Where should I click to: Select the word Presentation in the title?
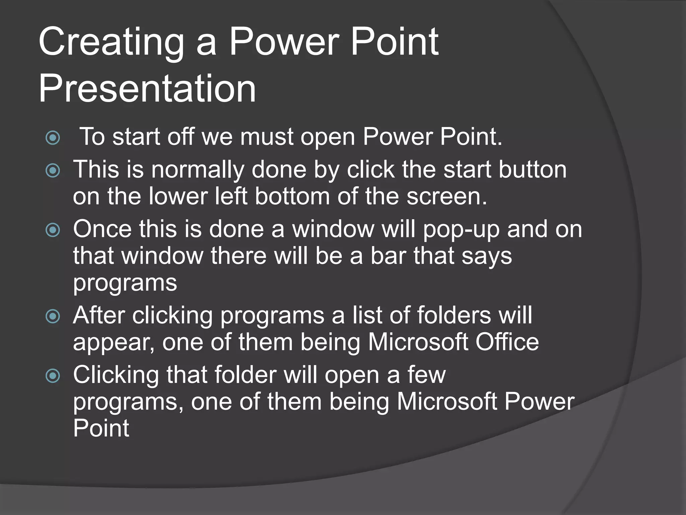[147, 89]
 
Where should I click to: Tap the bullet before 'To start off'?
[53, 138]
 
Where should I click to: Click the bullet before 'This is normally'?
[53, 170]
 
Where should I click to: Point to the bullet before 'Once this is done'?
[53, 230]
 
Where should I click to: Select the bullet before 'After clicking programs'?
[53, 316]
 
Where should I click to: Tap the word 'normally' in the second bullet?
[198, 170]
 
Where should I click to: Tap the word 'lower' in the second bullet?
[178, 196]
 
